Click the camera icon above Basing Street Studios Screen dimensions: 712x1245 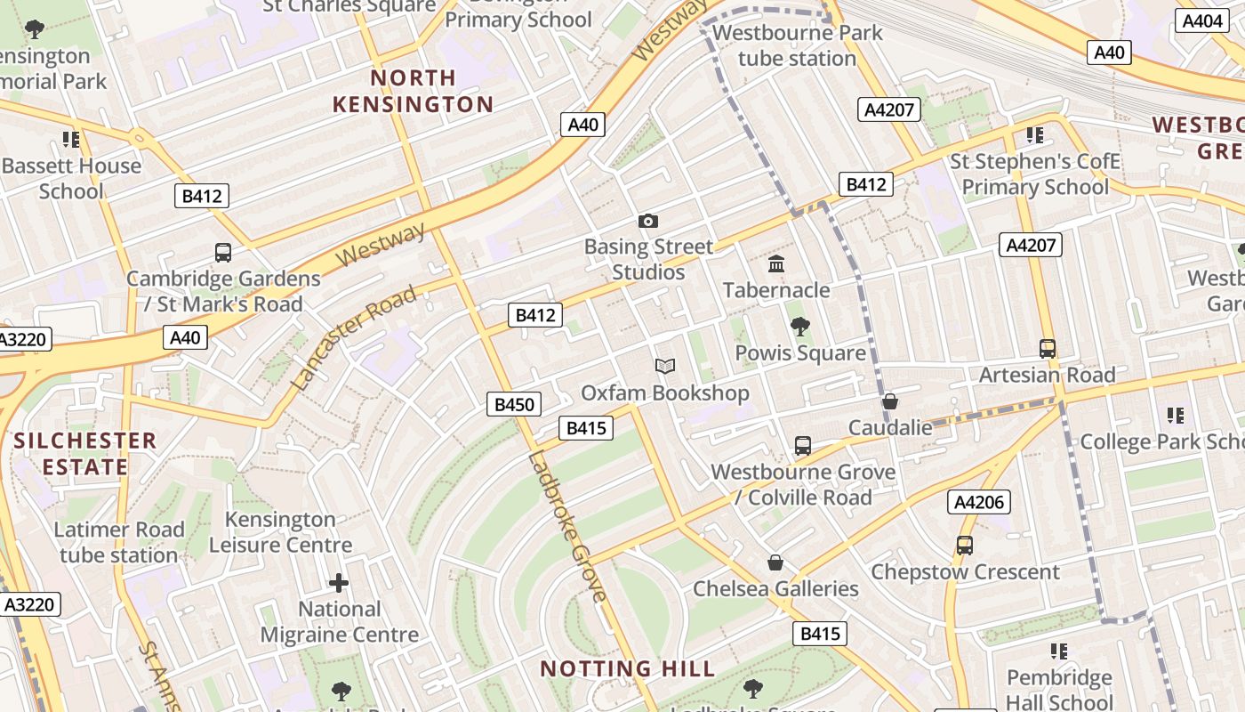pyautogui.click(x=648, y=221)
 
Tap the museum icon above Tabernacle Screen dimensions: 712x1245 pyautogui.click(x=776, y=264)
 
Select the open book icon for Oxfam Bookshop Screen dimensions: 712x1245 pyautogui.click(x=665, y=366)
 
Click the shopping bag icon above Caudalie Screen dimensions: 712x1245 pyautogui.click(x=889, y=401)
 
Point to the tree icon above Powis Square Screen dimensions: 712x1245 pyautogui.click(x=800, y=327)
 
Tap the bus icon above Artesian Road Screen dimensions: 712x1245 pyautogui.click(x=1048, y=348)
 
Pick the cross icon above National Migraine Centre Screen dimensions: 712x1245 pyautogui.click(x=339, y=583)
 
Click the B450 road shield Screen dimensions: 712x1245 pyautogui.click(x=514, y=405)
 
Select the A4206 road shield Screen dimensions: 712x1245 pyautogui.click(x=978, y=502)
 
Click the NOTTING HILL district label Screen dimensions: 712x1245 pyautogui.click(x=628, y=668)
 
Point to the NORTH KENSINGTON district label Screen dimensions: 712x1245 pyautogui.click(x=413, y=91)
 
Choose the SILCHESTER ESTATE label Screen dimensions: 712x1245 pyautogui.click(x=84, y=454)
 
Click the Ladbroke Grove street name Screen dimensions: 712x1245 pyautogui.click(x=567, y=527)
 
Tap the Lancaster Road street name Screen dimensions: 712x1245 pyautogui.click(x=354, y=338)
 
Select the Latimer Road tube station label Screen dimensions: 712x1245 pyautogui.click(x=118, y=542)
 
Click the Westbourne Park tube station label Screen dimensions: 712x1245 pyautogui.click(x=797, y=45)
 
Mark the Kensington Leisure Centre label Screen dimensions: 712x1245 pyautogui.click(x=280, y=531)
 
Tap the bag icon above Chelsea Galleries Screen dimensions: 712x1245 pyautogui.click(x=775, y=562)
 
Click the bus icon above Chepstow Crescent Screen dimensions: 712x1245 pyautogui.click(x=964, y=545)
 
